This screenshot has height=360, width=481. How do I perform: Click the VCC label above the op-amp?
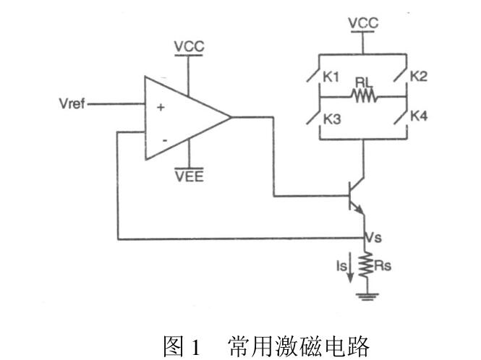coord(190,47)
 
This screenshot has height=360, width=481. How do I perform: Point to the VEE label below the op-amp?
coord(190,176)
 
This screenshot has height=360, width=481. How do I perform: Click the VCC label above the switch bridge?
coord(363,24)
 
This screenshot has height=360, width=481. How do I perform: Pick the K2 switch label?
coord(419,76)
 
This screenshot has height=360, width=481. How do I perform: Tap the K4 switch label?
coord(419,116)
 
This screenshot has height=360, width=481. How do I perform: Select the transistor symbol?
coord(357,195)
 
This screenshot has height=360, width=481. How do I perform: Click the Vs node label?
coord(374,237)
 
